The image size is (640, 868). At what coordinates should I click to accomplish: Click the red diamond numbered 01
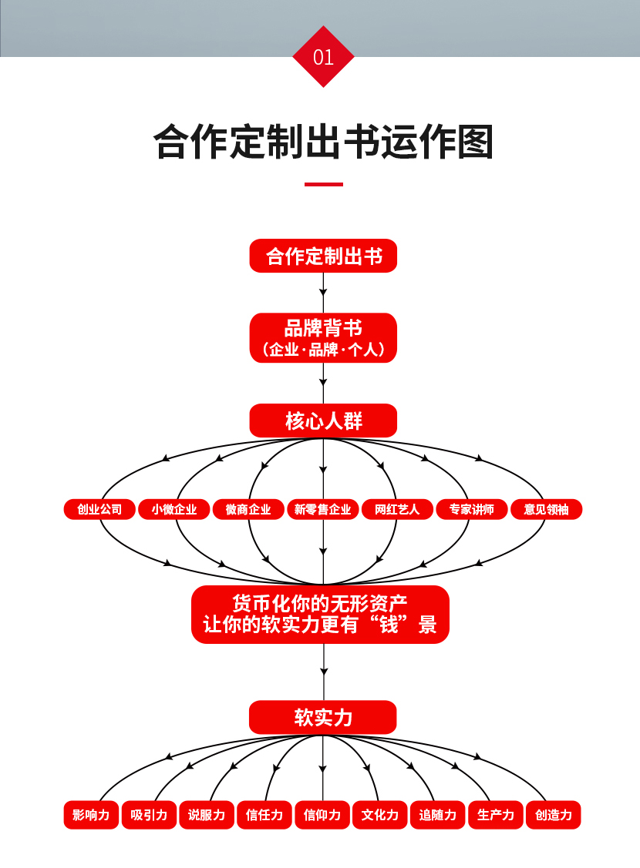[323, 57]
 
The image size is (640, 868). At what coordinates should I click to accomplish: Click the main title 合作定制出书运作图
[323, 142]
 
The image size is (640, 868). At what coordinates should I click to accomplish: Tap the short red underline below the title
[323, 185]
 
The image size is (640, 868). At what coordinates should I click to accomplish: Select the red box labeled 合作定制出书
[323, 256]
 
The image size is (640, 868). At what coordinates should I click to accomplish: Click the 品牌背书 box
[323, 338]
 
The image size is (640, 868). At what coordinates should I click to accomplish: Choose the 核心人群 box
[323, 421]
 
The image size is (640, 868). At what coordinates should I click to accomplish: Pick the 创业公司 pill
[99, 509]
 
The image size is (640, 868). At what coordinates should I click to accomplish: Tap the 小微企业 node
[173, 509]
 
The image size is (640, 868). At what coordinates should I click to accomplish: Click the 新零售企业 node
[323, 509]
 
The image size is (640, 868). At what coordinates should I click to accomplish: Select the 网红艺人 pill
[397, 509]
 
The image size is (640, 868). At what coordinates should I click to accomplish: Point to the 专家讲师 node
[471, 509]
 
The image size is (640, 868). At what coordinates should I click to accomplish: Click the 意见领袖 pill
[546, 509]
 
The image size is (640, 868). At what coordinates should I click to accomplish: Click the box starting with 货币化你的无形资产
[320, 614]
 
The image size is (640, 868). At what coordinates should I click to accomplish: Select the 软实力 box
[323, 717]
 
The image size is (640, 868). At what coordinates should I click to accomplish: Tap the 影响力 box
[91, 815]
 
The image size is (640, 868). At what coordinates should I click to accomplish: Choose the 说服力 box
[207, 815]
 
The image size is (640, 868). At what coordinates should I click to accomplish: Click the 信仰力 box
[322, 815]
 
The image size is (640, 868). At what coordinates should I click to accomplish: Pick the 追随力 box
[438, 815]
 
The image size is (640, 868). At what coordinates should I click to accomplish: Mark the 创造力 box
[553, 815]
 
